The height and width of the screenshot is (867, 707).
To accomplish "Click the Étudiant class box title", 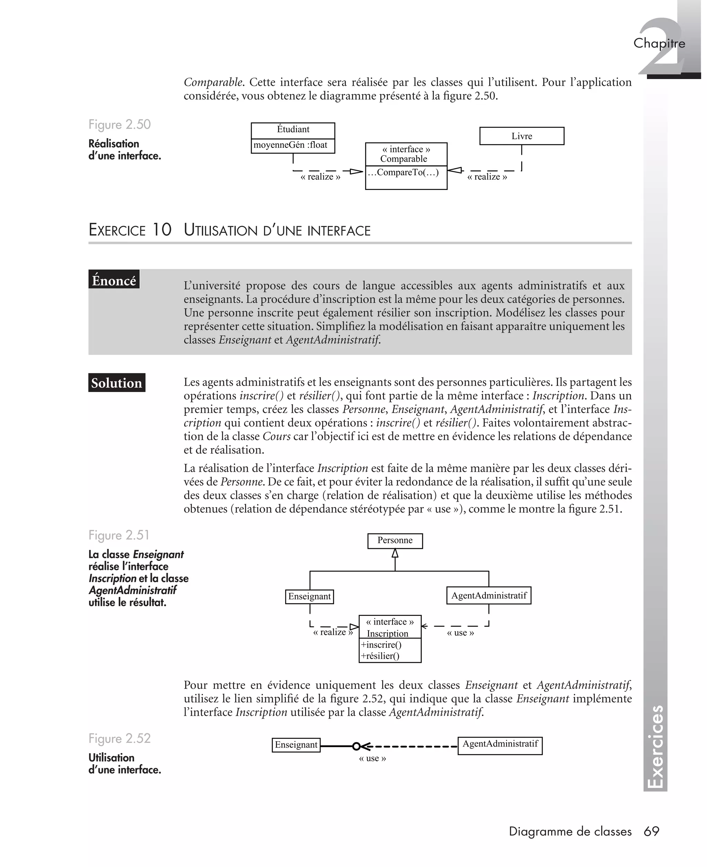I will (293, 130).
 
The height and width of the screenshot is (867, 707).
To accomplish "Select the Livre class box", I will (522, 136).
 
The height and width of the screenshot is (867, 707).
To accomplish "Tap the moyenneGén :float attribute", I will (290, 145).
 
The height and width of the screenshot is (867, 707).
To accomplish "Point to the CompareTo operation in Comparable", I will (404, 172).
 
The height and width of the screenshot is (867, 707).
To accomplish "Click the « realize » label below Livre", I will (487, 177).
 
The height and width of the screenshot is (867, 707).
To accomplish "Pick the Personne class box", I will (395, 541).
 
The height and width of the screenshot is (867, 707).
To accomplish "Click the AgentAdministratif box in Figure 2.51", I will (489, 596).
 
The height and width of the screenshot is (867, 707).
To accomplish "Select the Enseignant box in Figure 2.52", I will (296, 745).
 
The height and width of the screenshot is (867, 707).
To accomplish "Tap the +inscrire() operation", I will (381, 645).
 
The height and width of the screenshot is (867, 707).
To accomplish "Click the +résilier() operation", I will (380, 656).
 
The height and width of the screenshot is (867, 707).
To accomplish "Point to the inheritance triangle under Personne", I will (395, 553).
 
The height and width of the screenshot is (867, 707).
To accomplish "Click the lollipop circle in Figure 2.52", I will (356, 746).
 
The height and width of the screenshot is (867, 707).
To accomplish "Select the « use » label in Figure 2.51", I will (460, 633).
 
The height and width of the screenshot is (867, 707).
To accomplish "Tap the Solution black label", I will (116, 383).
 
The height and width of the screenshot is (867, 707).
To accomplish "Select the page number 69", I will (651, 831).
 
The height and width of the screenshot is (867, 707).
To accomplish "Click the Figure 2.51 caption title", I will (119, 535).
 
